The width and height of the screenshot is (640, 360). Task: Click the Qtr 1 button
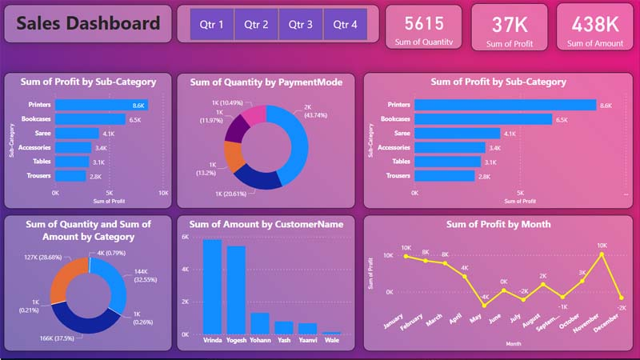click(212, 25)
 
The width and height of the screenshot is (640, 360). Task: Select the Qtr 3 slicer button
click(301, 25)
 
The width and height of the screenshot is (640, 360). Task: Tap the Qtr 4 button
click(346, 25)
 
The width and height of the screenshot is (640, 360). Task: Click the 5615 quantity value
click(424, 23)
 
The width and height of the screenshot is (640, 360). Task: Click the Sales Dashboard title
click(88, 24)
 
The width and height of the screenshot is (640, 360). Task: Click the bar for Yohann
click(260, 322)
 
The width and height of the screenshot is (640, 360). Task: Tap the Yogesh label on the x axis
click(236, 340)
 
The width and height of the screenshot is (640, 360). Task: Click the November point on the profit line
click(601, 254)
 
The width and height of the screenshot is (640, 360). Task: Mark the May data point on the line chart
click(484, 305)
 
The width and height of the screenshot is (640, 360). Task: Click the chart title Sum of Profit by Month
click(498, 225)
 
